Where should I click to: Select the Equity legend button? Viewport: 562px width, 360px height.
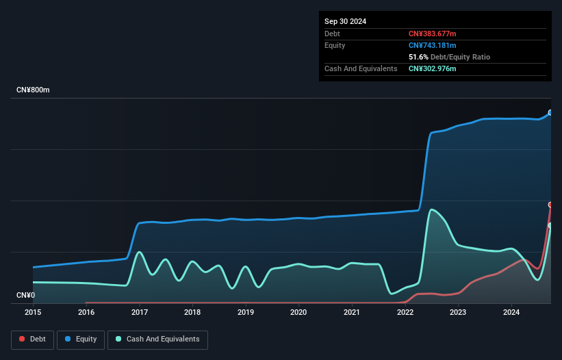point(81,339)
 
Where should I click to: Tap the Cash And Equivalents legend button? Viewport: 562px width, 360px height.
point(157,339)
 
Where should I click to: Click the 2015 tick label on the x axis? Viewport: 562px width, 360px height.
point(33,312)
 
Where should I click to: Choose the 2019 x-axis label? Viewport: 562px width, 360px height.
point(246,312)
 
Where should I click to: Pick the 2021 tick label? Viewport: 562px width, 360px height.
point(352,312)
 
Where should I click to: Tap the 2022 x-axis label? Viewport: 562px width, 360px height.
point(405,312)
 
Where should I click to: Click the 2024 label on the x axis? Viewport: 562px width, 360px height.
point(511,312)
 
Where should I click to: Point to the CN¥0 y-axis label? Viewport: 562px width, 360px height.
point(27,296)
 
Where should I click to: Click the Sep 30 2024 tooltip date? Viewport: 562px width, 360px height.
point(346,21)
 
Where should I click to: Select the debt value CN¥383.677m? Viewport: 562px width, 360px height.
point(432,34)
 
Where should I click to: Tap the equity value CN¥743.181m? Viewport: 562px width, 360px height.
point(432,45)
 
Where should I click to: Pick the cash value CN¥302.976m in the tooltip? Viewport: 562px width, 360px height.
point(432,68)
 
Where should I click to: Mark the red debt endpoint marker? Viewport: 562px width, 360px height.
point(550,205)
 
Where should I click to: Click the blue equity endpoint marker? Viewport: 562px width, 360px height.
point(550,113)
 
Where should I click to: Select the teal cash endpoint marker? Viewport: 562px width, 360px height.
point(550,225)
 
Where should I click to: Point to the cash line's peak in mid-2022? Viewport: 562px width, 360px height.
point(432,209)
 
